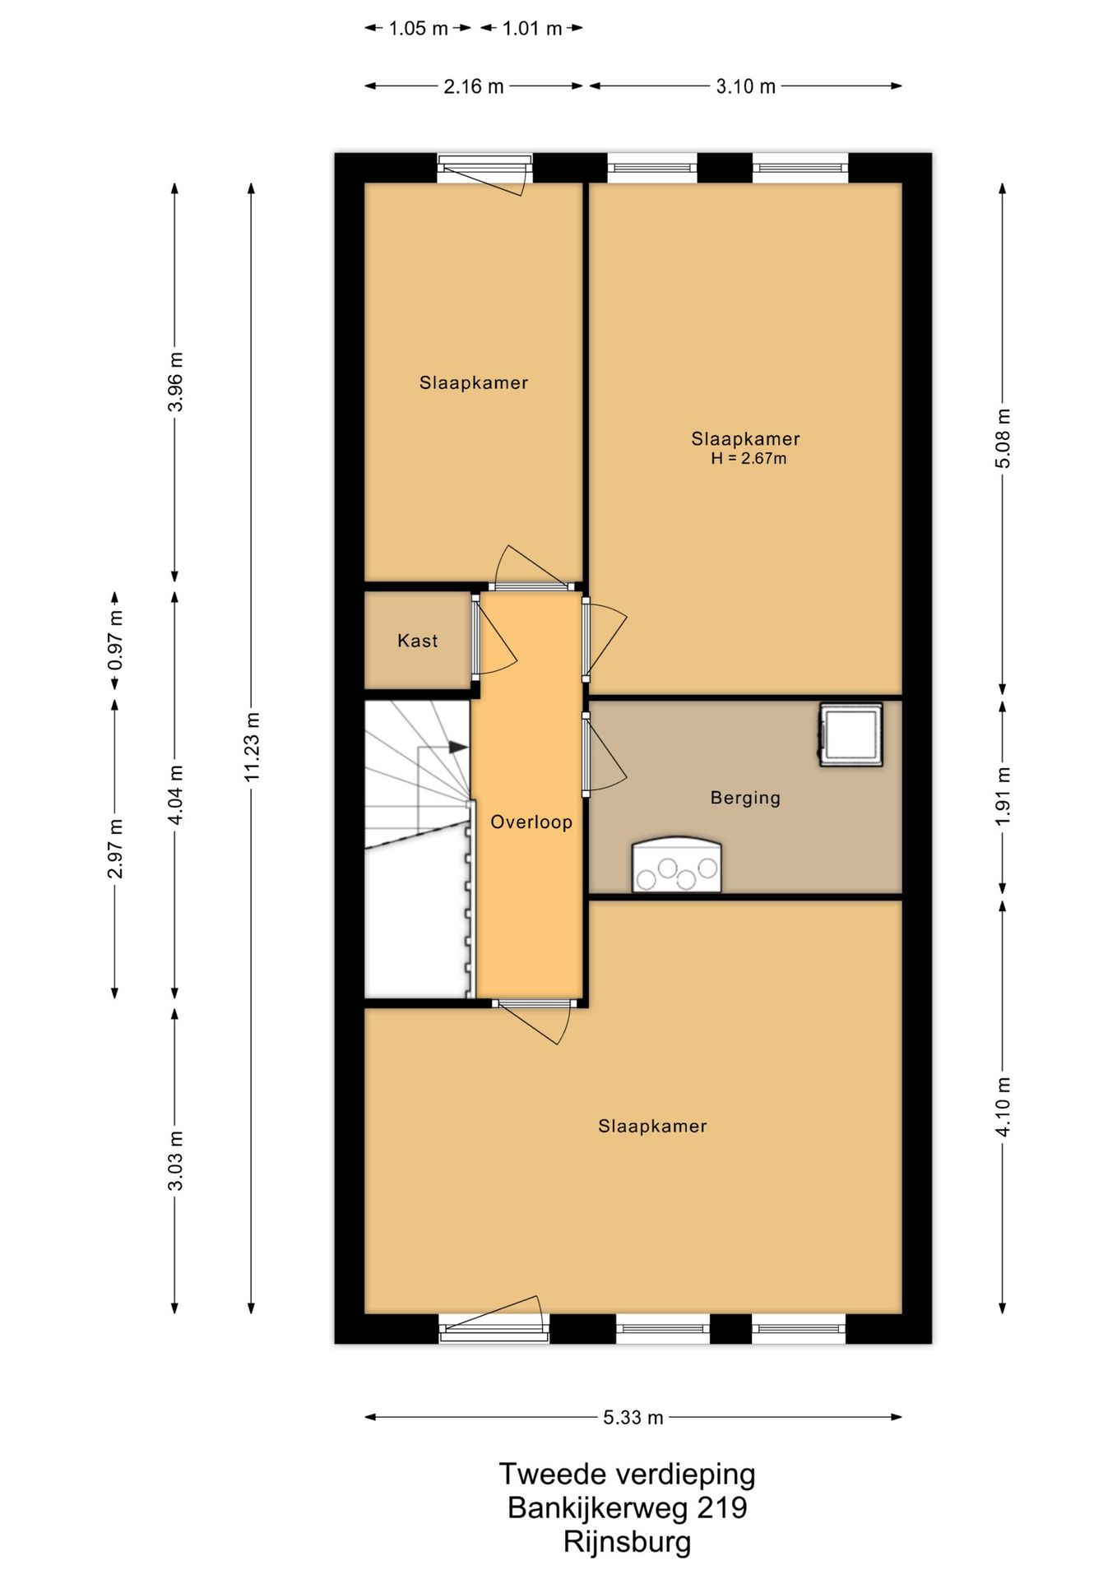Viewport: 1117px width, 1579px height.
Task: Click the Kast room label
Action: (x=417, y=641)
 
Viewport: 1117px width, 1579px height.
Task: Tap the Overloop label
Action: (x=531, y=822)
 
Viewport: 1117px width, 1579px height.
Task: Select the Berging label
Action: (x=745, y=798)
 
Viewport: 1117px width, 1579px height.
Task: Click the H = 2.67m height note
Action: (x=749, y=459)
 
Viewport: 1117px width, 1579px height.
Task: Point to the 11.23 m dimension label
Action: (x=252, y=747)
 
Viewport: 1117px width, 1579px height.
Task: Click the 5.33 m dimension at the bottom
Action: (x=633, y=1417)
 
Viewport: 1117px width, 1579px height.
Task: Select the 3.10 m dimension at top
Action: (x=745, y=86)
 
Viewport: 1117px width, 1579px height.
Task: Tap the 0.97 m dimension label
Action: (x=115, y=641)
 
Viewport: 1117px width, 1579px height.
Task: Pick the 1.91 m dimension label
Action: (x=1003, y=797)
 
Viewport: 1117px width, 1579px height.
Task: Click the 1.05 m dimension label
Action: (x=418, y=29)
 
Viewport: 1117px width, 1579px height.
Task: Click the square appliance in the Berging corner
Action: (x=850, y=734)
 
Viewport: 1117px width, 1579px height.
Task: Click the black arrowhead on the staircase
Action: (x=458, y=747)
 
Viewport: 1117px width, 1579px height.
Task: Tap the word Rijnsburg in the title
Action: (x=627, y=1541)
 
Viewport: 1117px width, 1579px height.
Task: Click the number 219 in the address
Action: (x=721, y=1507)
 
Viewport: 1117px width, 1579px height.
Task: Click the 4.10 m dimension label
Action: (x=1003, y=1106)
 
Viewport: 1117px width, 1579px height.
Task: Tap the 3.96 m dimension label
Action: (x=175, y=382)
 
